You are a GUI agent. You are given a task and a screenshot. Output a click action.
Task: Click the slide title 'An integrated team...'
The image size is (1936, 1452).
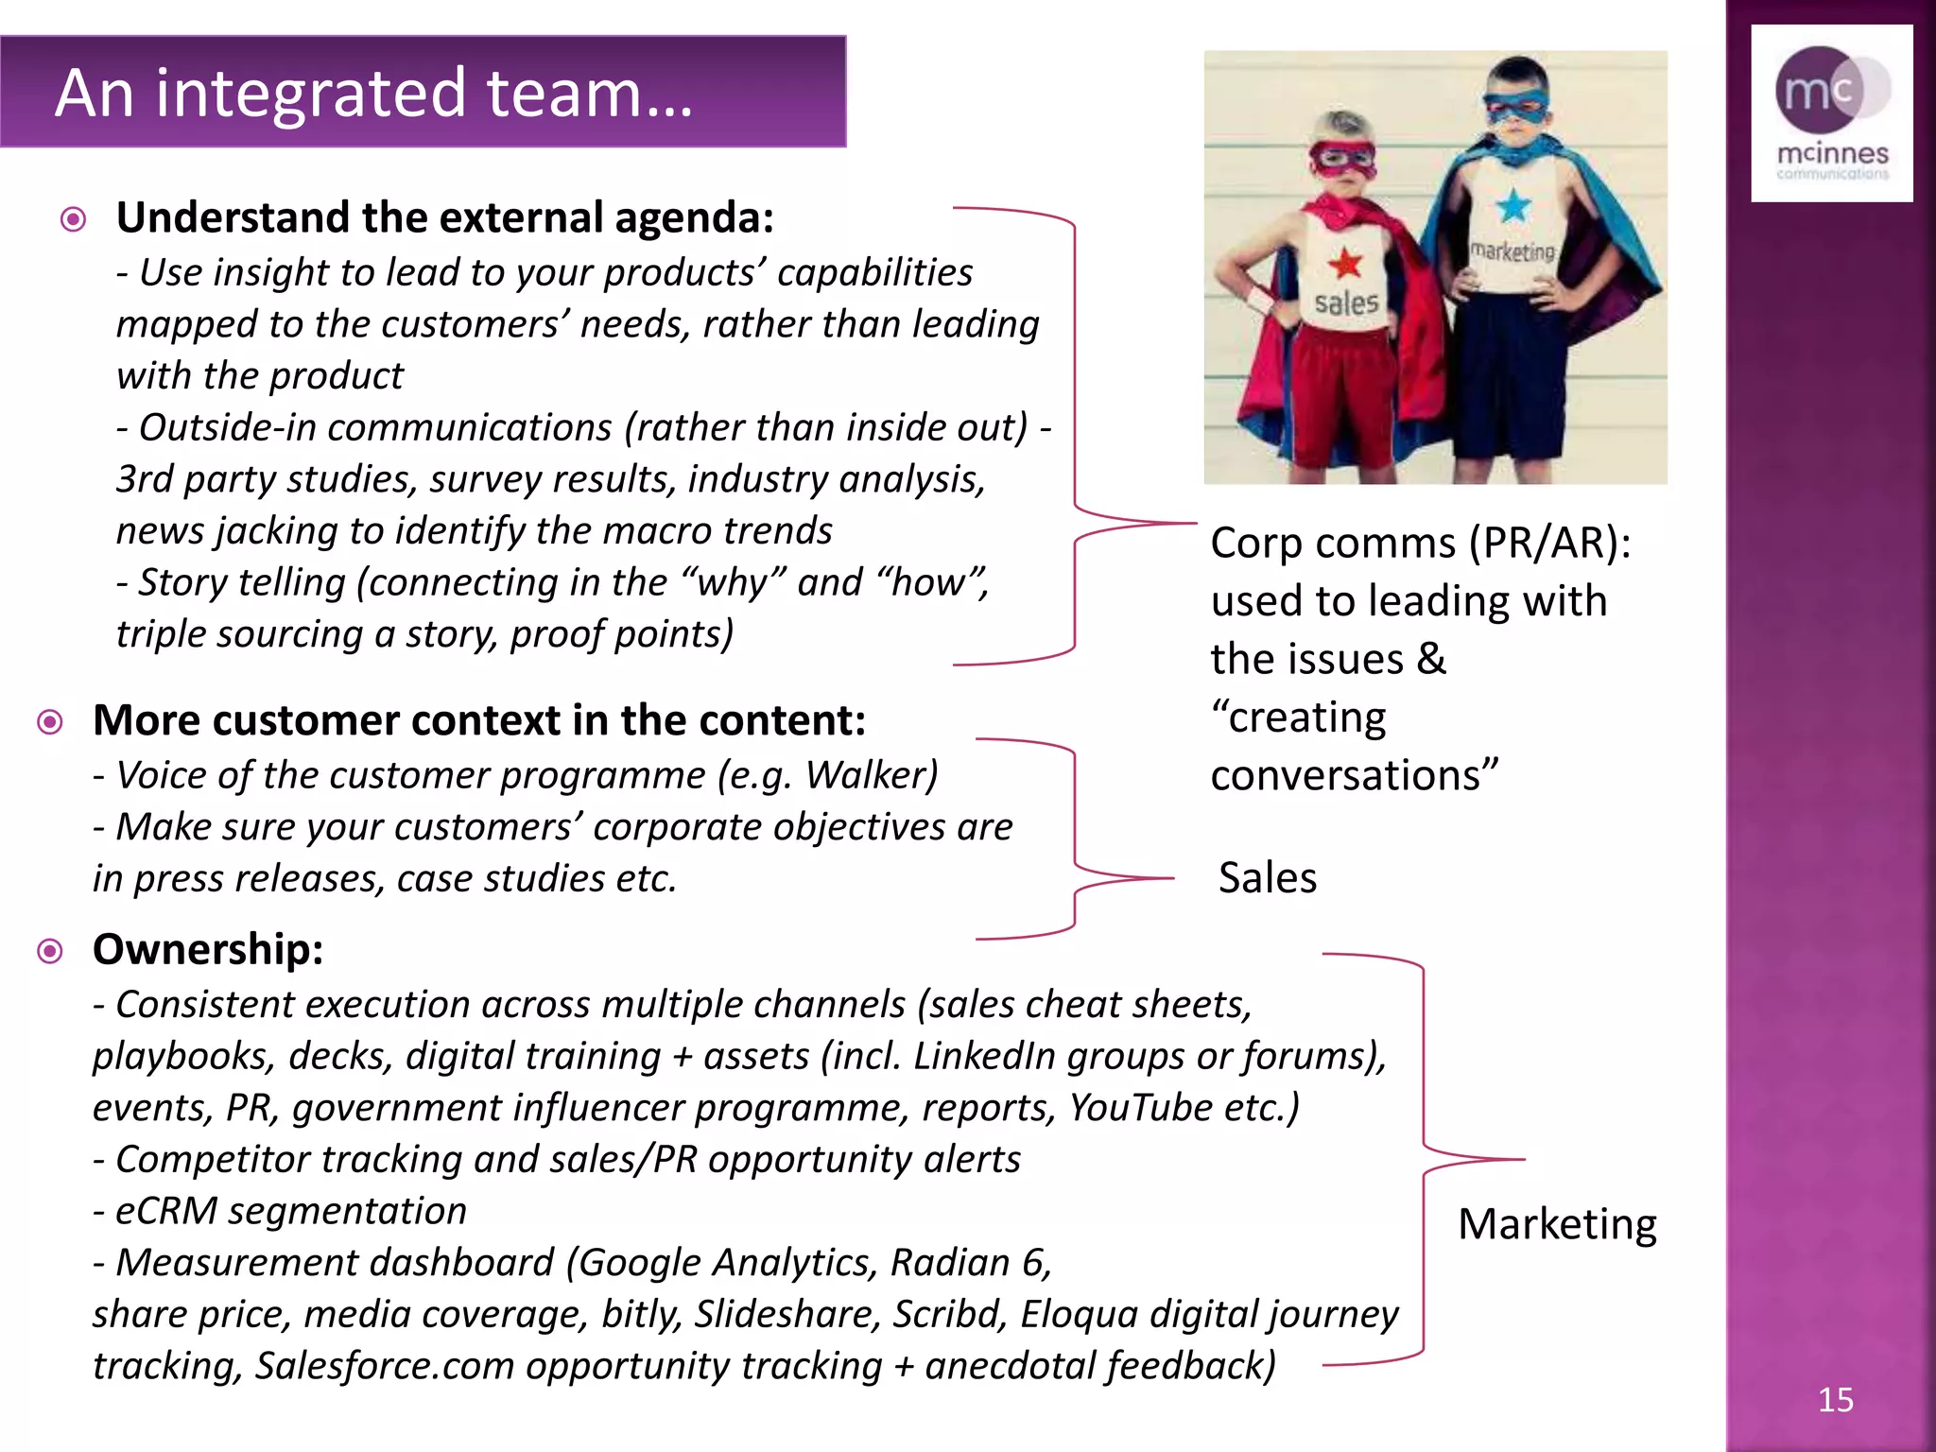pyautogui.click(x=374, y=93)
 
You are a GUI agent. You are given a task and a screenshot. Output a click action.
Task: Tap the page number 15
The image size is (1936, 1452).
pyautogui.click(x=1835, y=1399)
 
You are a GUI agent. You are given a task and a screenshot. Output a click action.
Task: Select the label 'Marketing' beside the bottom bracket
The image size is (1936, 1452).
pyautogui.click(x=1557, y=1223)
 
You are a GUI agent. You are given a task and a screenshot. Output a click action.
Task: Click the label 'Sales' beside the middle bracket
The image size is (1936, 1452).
pyautogui.click(x=1267, y=877)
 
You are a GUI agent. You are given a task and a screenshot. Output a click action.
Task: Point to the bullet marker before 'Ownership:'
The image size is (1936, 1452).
pyautogui.click(x=50, y=950)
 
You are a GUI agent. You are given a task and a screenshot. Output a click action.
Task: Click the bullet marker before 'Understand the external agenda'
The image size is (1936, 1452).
pyautogui.click(x=73, y=219)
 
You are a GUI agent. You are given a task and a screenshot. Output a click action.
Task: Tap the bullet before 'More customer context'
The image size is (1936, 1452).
pyautogui.click(x=50, y=722)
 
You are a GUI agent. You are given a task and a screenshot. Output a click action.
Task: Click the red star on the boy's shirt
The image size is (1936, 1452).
pyautogui.click(x=1344, y=264)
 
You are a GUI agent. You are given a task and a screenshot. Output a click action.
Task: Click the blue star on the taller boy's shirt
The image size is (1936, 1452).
pyautogui.click(x=1513, y=205)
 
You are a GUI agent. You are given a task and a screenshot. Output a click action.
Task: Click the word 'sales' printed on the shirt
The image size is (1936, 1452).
pyautogui.click(x=1346, y=303)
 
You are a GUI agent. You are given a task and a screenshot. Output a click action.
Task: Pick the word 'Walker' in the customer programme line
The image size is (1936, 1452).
pyautogui.click(x=867, y=775)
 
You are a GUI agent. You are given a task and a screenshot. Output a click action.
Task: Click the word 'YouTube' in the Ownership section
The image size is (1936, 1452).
pyautogui.click(x=1140, y=1107)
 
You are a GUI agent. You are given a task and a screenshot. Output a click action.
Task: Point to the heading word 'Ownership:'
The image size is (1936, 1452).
pyautogui.click(x=208, y=949)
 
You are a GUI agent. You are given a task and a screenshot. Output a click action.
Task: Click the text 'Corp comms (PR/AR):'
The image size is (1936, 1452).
pyautogui.click(x=1420, y=543)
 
